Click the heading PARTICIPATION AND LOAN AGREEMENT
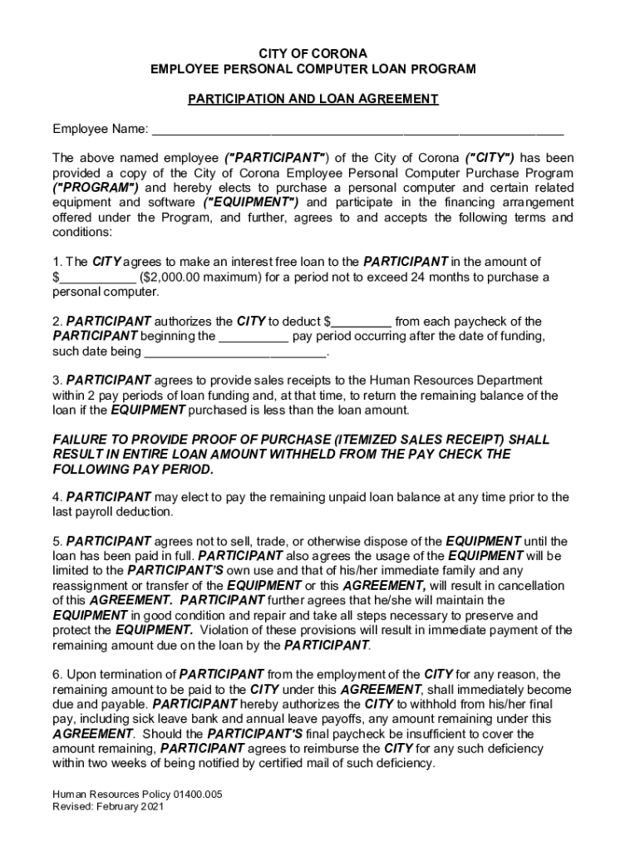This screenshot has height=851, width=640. [313, 99]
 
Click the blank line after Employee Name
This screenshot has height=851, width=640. [357, 130]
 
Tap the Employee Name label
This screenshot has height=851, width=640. [101, 130]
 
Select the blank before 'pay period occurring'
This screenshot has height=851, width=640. [254, 337]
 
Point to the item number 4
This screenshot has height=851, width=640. [57, 498]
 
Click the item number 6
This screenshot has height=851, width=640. [57, 674]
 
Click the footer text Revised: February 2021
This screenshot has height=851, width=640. [109, 807]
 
